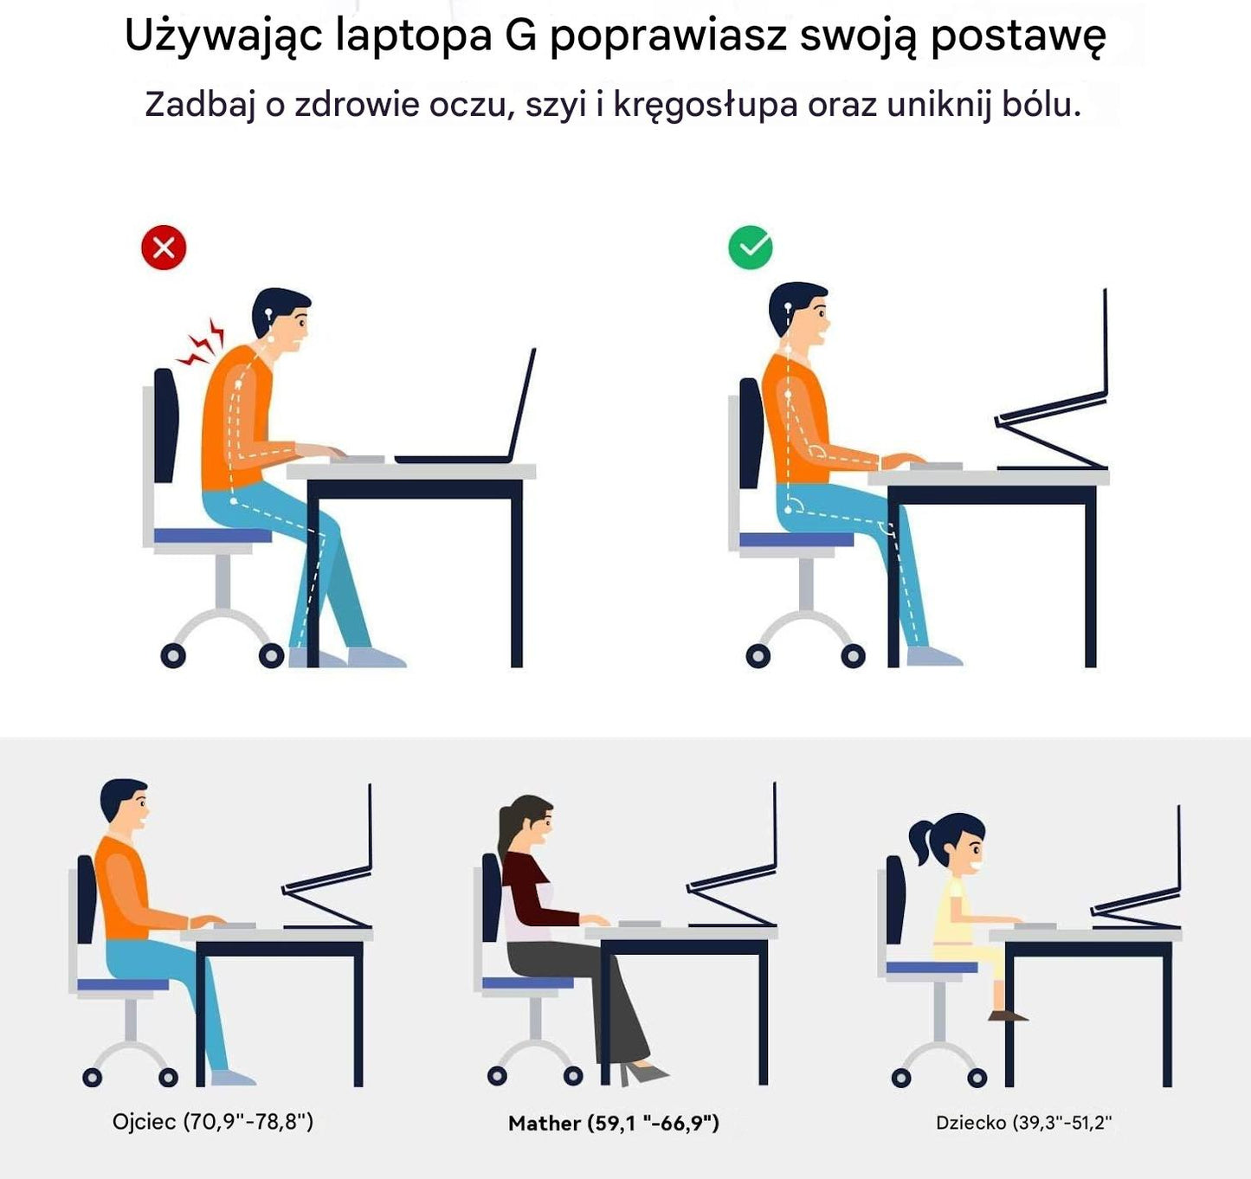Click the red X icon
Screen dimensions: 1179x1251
164,248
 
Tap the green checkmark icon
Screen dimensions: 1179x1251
751,248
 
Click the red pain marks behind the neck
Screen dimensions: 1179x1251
203,343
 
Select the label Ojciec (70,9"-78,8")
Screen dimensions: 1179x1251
213,1122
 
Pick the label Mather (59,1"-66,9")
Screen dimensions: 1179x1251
614,1124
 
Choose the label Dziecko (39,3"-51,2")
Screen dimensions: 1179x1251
1023,1123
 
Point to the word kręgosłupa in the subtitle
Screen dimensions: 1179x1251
706,105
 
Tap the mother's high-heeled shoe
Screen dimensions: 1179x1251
645,1074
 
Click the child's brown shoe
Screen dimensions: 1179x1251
1008,1015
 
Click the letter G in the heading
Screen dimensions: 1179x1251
520,36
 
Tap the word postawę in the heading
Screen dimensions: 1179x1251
1018,36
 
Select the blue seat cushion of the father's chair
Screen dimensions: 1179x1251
123,984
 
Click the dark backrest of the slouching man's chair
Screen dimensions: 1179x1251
165,424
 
